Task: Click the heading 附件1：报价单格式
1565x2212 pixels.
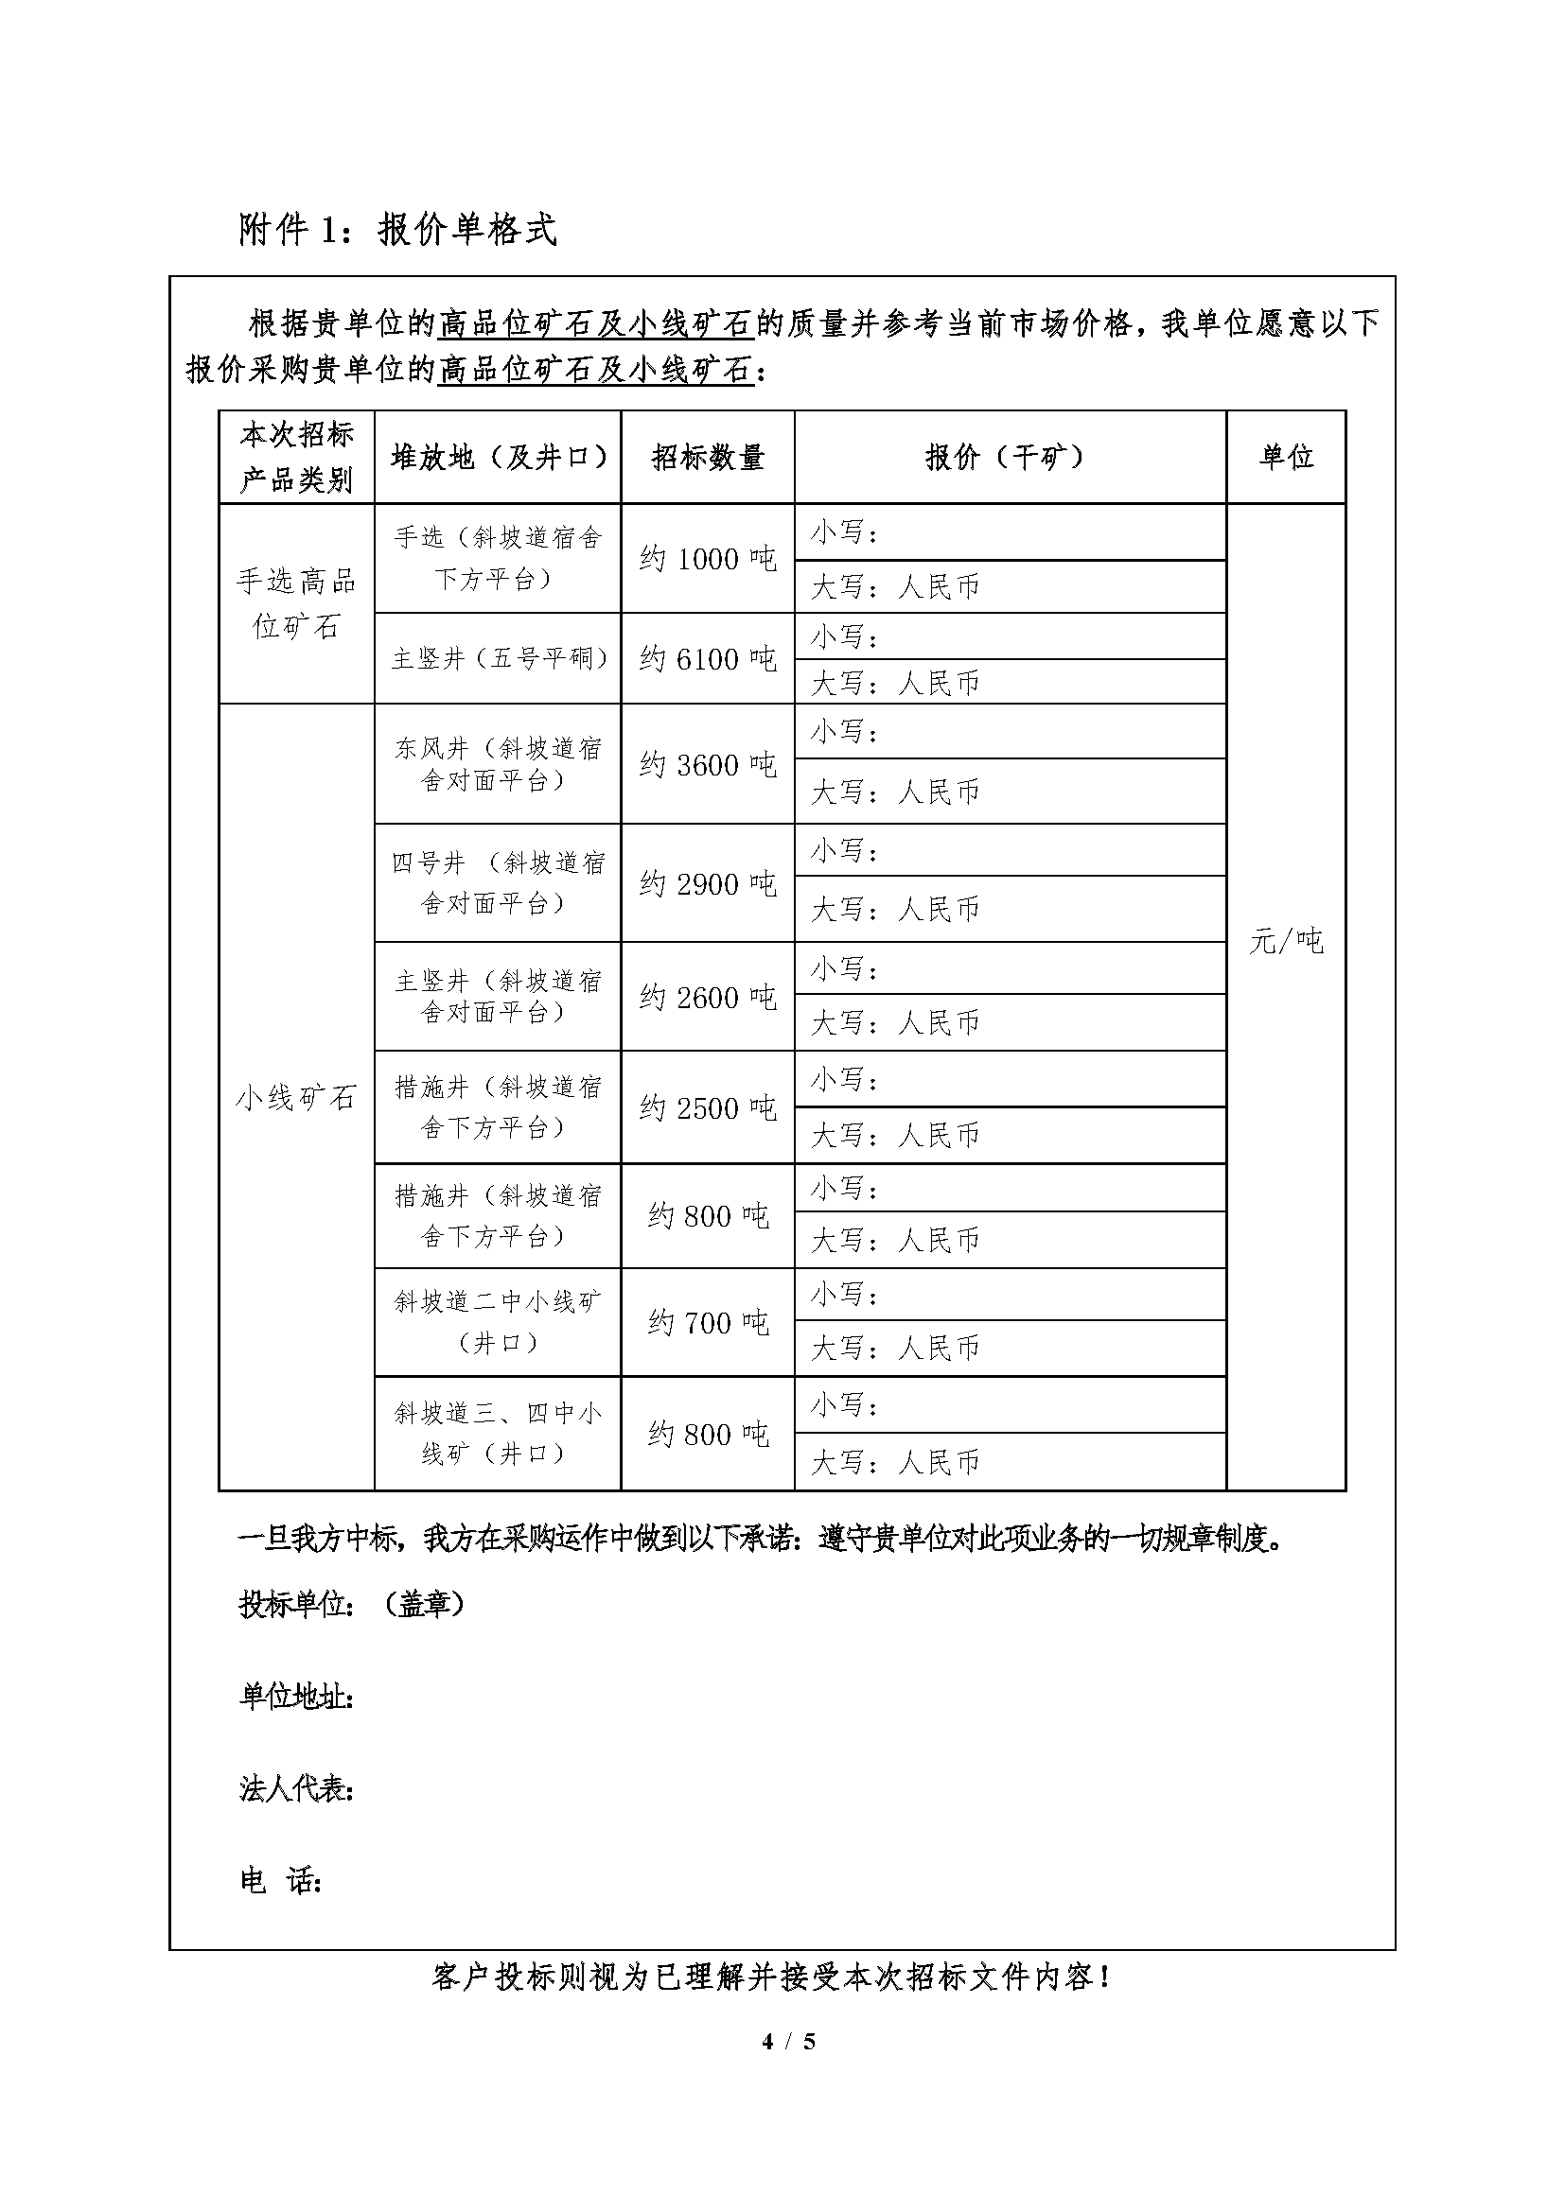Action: [x=397, y=230]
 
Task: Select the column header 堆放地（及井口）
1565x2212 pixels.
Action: [x=498, y=457]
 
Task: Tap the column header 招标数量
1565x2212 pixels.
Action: [x=708, y=457]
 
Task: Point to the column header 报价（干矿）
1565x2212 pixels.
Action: [x=1008, y=457]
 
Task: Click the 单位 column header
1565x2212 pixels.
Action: [x=1286, y=457]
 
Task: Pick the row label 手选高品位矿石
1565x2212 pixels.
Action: [x=296, y=603]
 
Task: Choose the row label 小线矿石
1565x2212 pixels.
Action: [x=296, y=1097]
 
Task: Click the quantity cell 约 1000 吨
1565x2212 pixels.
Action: [x=708, y=559]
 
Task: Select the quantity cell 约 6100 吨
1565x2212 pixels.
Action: [x=708, y=659]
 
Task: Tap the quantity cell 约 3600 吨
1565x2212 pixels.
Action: [x=708, y=765]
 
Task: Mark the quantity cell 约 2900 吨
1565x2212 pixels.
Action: [x=708, y=883]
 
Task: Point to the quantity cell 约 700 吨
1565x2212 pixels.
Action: [x=708, y=1323]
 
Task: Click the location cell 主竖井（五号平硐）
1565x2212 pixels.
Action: [x=498, y=659]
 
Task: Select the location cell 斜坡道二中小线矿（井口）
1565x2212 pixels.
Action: [x=498, y=1322]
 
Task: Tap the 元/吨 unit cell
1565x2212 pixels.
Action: [x=1286, y=941]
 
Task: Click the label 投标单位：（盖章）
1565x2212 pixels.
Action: [x=352, y=1604]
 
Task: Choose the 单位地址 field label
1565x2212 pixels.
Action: [x=296, y=1697]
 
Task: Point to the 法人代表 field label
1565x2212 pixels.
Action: [x=296, y=1789]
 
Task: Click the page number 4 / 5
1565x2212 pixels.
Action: [x=788, y=2041]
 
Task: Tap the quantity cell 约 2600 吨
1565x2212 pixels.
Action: [x=708, y=997]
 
